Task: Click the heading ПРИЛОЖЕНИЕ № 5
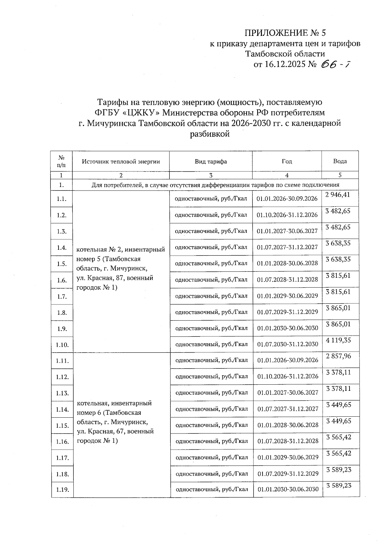click(x=285, y=33)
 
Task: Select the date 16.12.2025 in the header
click(x=285, y=64)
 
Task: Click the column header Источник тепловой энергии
click(x=121, y=161)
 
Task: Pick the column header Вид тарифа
click(x=210, y=161)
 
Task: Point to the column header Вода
click(x=340, y=161)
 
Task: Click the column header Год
click(x=286, y=161)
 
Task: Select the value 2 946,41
click(x=338, y=195)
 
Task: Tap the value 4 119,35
click(x=338, y=340)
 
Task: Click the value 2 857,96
click(x=338, y=356)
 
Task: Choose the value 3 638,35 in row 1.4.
click(x=338, y=243)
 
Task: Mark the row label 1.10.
click(x=62, y=345)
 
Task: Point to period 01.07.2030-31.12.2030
click(x=287, y=344)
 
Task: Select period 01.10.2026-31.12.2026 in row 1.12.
click(x=288, y=377)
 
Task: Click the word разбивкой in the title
click(x=210, y=134)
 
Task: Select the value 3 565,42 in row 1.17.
click(x=339, y=453)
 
